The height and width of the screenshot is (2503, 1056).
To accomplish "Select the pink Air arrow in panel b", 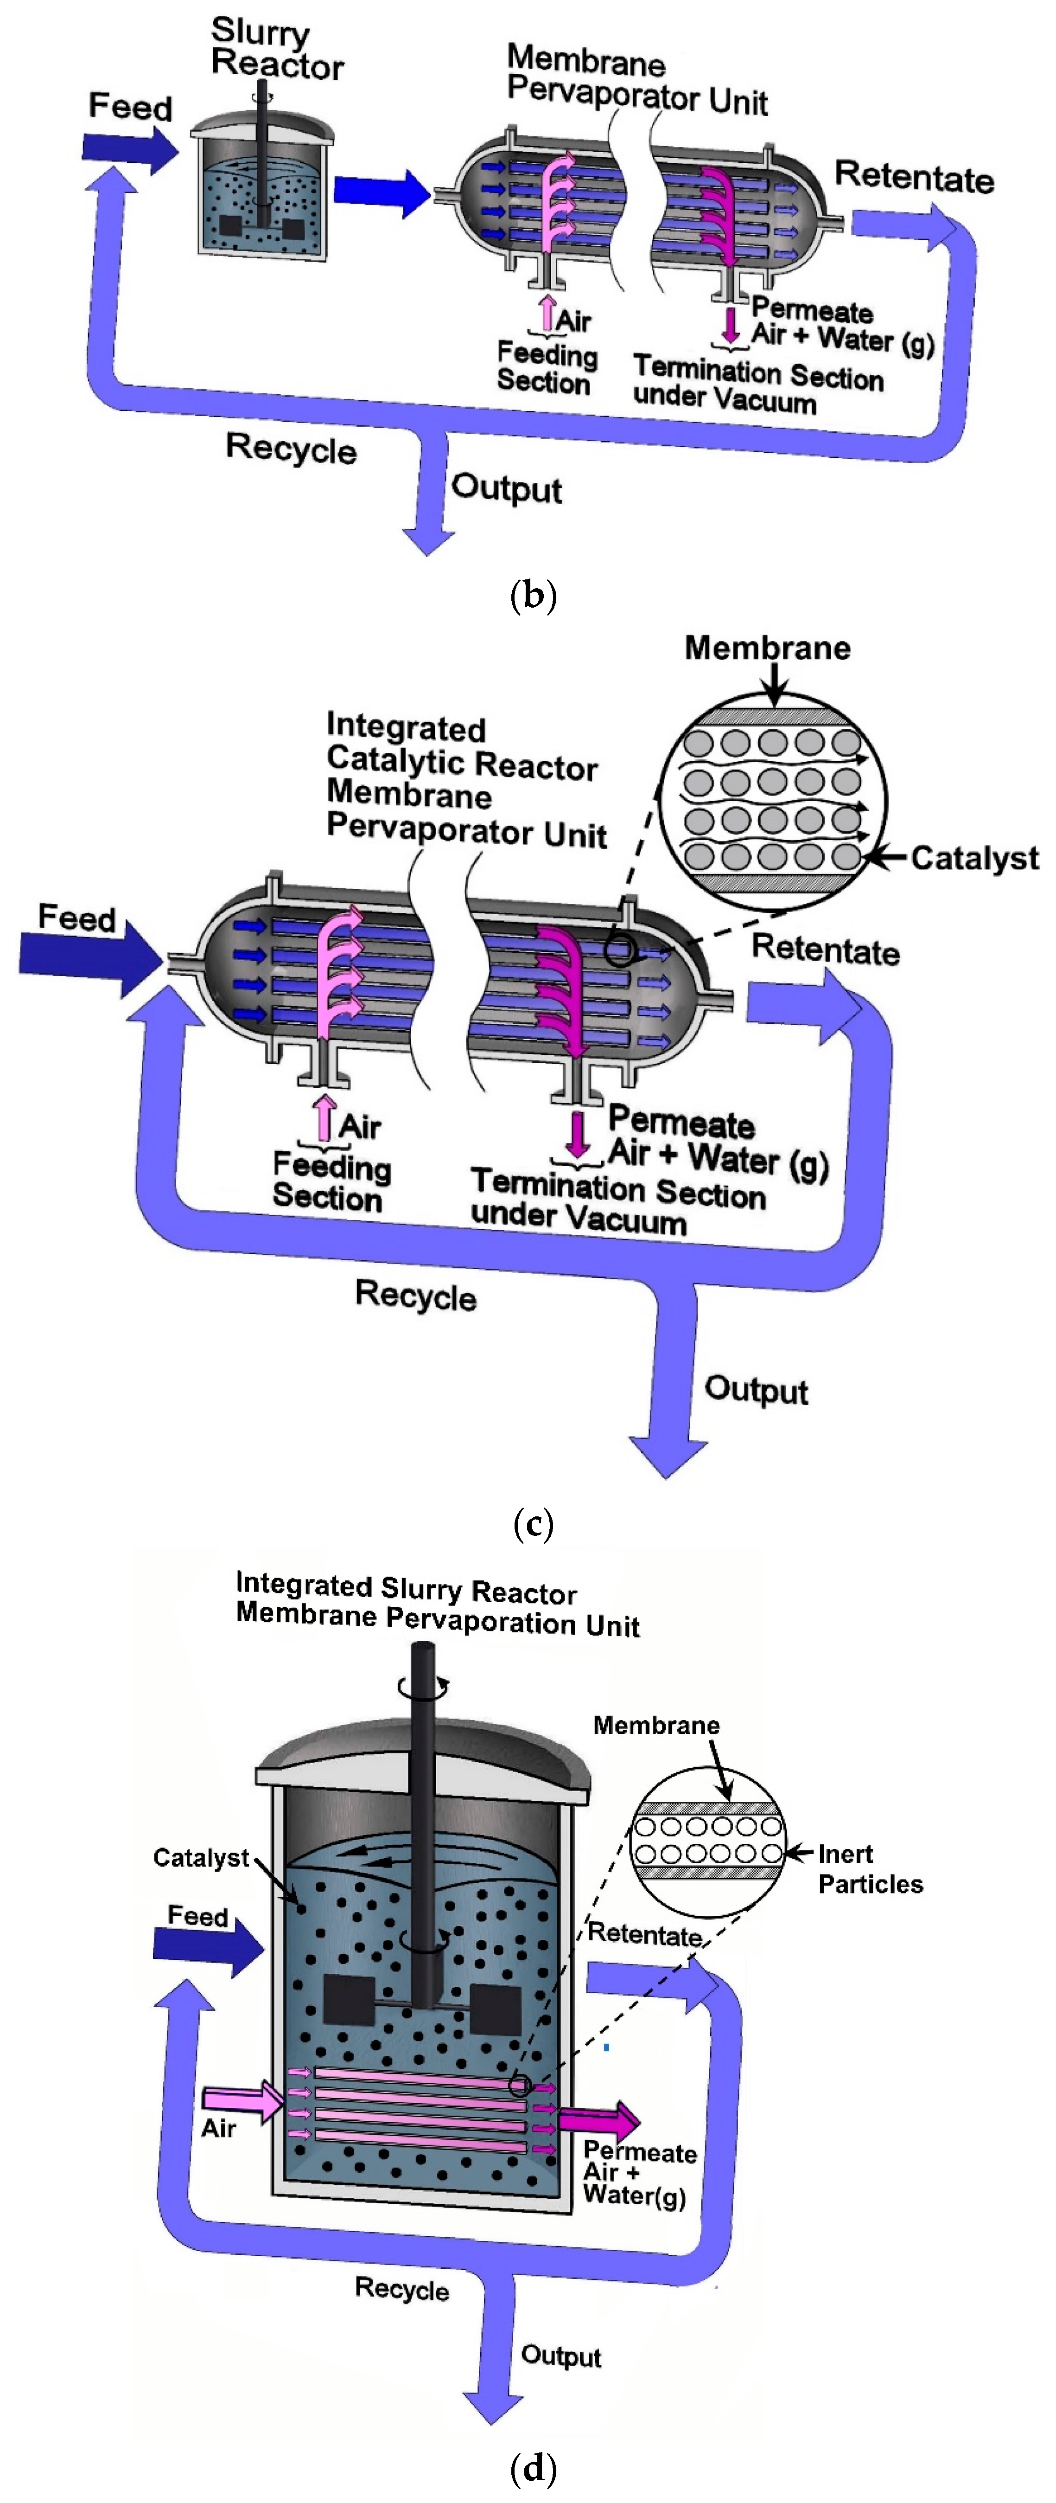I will [x=547, y=311].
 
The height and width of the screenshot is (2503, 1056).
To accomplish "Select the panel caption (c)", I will [x=532, y=1522].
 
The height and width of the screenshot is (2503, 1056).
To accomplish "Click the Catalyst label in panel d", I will [x=201, y=1858].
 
